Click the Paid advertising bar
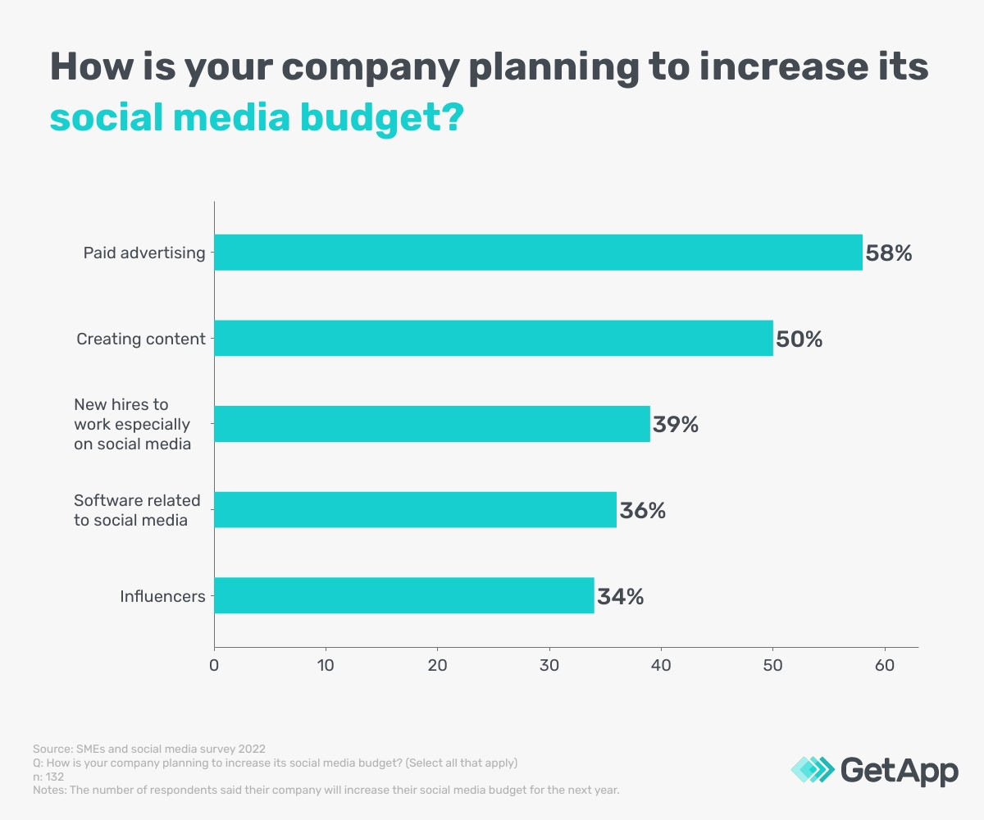[x=538, y=253]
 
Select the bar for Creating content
[x=494, y=338]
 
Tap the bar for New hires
[x=432, y=424]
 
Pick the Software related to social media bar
[x=415, y=510]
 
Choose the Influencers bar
[x=404, y=595]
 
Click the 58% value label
[x=889, y=253]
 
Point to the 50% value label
[x=799, y=339]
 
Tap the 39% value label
[x=676, y=425]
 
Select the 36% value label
[x=643, y=511]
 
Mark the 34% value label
[x=621, y=596]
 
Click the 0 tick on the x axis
[x=214, y=665]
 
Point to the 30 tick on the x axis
[x=549, y=665]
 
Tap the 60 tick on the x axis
[x=885, y=665]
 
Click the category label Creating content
[x=141, y=339]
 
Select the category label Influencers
[x=162, y=596]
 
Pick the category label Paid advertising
[x=144, y=253]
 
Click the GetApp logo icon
[x=811, y=769]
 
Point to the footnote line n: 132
[x=48, y=777]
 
